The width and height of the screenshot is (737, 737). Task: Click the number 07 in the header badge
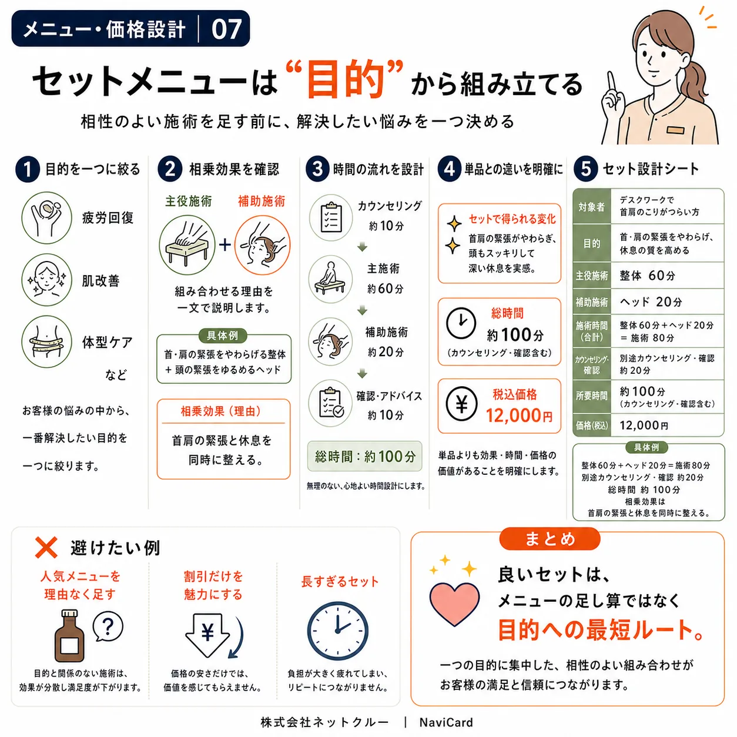(226, 29)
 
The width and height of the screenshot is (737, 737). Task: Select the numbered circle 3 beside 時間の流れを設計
(317, 169)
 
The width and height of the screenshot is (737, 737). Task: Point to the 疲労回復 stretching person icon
(46, 218)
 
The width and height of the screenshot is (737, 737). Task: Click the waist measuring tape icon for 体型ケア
(46, 341)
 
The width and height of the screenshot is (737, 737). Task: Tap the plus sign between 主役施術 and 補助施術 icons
(225, 244)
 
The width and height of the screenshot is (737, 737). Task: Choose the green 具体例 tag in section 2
(222, 336)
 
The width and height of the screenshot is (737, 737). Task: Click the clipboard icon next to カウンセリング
(331, 217)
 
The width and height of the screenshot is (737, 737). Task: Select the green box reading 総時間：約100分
(364, 456)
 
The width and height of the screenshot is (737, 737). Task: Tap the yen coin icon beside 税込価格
(461, 404)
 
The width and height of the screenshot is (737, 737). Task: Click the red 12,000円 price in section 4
(519, 416)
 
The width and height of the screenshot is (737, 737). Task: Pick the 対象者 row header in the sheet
(591, 206)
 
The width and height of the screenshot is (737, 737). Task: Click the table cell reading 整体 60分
(647, 276)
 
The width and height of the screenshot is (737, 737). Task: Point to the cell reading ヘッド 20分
(651, 301)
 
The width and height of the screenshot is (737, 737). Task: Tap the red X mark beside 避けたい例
(46, 547)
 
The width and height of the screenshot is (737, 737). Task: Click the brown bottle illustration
(69, 636)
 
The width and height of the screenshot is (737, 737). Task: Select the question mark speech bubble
(108, 626)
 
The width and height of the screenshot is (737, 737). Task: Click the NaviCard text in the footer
(446, 722)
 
